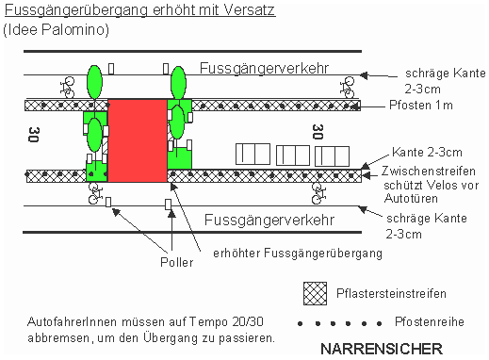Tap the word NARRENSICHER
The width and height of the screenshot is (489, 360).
(381, 349)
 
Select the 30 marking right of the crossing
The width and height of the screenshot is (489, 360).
(318, 133)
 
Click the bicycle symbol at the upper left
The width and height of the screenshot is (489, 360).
(68, 87)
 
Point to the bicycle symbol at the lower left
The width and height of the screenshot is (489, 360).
(93, 195)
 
